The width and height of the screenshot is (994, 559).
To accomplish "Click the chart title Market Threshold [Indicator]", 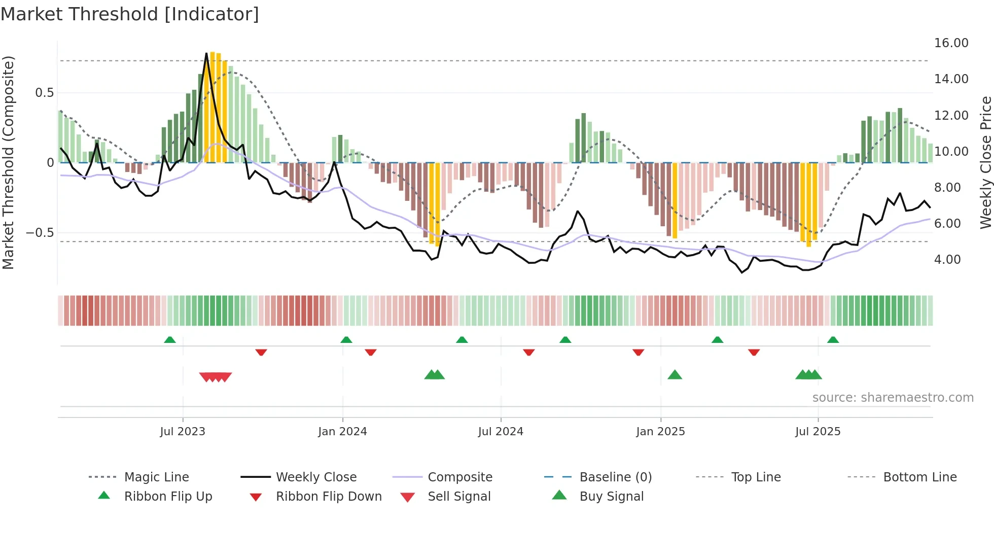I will [130, 14].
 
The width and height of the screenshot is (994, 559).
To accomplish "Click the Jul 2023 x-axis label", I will [183, 432].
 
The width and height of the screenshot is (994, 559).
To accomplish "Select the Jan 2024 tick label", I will [342, 432].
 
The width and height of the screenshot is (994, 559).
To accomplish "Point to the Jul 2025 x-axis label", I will [818, 432].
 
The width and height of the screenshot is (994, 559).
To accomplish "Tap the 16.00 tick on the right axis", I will [951, 43].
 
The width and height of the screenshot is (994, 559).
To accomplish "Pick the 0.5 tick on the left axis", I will [44, 93].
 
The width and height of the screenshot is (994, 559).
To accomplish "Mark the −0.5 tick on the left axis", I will [40, 233].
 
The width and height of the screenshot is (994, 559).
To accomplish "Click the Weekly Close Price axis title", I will [985, 162].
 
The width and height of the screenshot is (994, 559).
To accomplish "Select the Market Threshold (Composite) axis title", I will [8, 162].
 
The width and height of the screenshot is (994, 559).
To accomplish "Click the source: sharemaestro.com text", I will [893, 398].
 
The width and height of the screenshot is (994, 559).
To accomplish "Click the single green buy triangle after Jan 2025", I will [674, 375].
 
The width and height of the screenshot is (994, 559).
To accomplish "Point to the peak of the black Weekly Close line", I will [206, 53].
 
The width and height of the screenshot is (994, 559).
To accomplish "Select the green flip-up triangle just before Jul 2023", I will [170, 339].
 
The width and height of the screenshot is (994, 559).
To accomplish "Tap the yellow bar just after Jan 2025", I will [674, 200].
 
